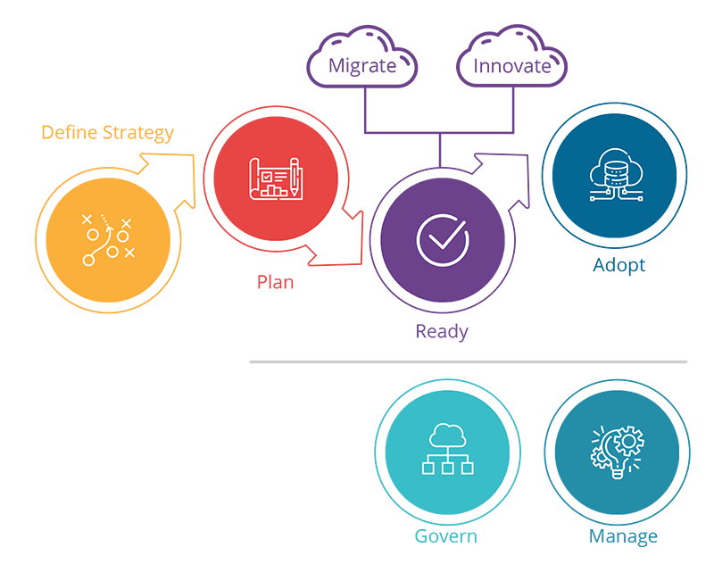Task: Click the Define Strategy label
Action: click(107, 133)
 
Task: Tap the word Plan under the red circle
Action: click(276, 283)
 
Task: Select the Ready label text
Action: click(442, 332)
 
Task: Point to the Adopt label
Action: click(619, 265)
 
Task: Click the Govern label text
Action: click(445, 536)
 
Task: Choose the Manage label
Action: click(623, 536)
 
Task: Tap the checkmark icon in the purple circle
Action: click(442, 239)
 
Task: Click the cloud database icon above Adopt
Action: click(613, 175)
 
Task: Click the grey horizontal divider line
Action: click(468, 361)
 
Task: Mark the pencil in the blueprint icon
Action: click(294, 178)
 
